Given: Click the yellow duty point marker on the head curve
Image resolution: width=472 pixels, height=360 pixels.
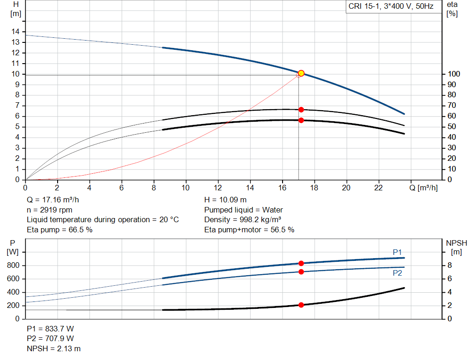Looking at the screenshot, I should (x=301, y=73).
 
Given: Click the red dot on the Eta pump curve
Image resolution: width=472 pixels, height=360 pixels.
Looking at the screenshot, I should (x=301, y=110).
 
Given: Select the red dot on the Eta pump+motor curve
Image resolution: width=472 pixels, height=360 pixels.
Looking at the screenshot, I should (x=301, y=120).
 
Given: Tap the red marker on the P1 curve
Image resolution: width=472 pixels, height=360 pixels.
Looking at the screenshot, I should (x=301, y=263).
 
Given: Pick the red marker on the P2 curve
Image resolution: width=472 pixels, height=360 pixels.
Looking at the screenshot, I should (x=301, y=271).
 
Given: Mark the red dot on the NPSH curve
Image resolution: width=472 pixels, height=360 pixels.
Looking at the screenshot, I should (x=301, y=305).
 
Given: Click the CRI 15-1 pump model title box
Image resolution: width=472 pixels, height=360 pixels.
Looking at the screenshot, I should (x=391, y=7).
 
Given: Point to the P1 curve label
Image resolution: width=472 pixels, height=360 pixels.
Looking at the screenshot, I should (x=397, y=252).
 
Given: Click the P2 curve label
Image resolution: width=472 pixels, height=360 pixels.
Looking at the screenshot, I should (x=397, y=273).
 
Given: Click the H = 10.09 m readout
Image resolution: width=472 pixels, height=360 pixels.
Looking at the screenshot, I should (x=225, y=200).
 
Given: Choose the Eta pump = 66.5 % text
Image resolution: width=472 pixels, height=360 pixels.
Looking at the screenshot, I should (x=59, y=230).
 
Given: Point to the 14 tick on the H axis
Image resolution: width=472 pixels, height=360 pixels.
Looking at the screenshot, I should (x=17, y=32).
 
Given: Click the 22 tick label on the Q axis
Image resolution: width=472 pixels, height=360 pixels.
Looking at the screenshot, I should (x=378, y=188).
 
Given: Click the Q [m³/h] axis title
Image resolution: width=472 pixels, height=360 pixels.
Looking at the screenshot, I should (x=423, y=188).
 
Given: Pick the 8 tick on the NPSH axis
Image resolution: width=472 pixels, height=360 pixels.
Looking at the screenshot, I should (x=450, y=266).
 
